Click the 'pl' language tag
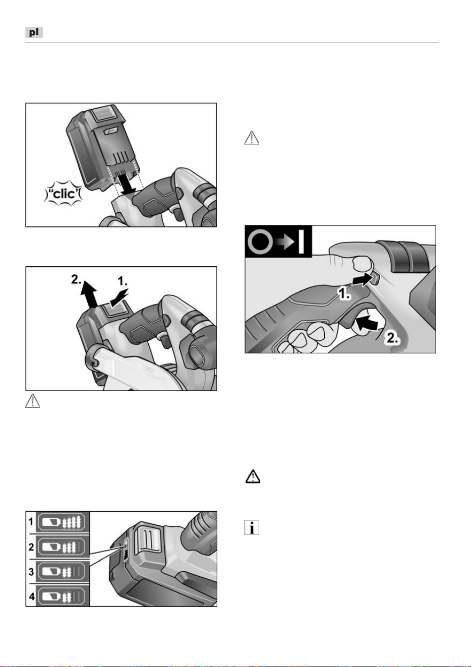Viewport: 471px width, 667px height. coord(34,32)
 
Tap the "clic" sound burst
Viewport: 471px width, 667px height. coord(63,194)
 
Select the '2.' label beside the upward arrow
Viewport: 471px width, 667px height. coord(77,279)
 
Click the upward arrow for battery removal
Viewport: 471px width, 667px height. coord(89,294)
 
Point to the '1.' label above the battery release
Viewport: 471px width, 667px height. coord(123,281)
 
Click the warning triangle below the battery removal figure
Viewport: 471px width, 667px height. coord(32,400)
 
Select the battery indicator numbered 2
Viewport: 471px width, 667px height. coord(63,547)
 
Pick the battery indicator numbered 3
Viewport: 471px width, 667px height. coord(63,572)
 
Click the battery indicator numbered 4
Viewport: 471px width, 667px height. coord(63,596)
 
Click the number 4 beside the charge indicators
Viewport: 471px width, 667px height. coord(31,596)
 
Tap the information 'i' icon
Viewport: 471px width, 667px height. coord(252,527)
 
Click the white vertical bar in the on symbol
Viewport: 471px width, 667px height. coord(301,241)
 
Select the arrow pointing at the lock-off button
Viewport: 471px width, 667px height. coord(362,280)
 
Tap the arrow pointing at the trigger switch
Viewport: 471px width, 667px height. coord(367,323)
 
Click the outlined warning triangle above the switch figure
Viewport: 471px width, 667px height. coord(252,138)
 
